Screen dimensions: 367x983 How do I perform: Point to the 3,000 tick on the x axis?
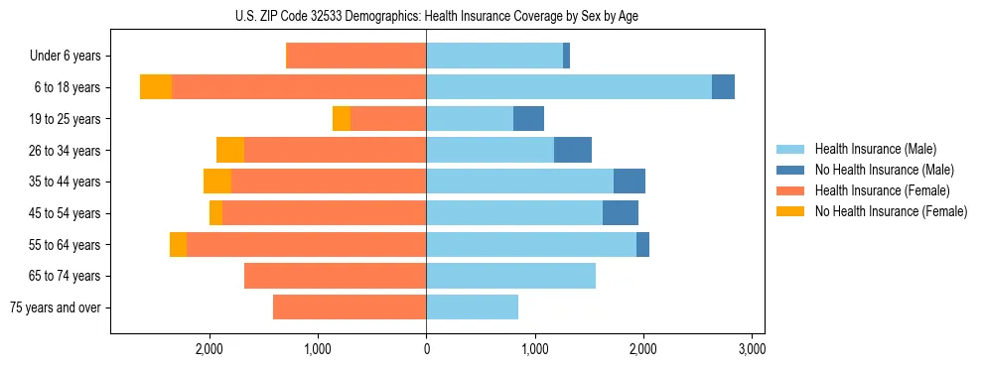tap(752, 349)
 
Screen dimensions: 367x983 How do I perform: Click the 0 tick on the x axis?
tap(426, 349)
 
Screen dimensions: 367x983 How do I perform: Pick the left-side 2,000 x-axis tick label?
tap(209, 349)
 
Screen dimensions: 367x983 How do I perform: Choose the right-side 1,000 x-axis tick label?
tap(534, 349)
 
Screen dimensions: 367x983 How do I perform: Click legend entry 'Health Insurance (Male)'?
tap(875, 149)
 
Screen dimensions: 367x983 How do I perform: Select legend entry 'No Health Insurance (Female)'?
tap(891, 211)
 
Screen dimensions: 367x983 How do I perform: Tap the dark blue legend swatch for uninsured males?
tap(791, 170)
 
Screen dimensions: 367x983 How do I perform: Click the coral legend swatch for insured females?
tap(791, 190)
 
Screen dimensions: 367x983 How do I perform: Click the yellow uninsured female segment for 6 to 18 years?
tap(156, 87)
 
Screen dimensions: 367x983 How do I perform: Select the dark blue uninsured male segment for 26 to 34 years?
tap(573, 150)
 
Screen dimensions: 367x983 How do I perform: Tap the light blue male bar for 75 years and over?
tap(472, 307)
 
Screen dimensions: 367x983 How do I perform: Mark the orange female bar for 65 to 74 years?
tap(335, 276)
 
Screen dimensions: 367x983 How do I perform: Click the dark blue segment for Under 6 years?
tap(566, 57)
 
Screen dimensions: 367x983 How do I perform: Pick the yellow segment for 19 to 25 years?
tap(342, 119)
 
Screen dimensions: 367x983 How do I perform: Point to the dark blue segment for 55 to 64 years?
tap(642, 244)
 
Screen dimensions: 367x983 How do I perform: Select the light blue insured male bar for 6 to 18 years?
tap(568, 87)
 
